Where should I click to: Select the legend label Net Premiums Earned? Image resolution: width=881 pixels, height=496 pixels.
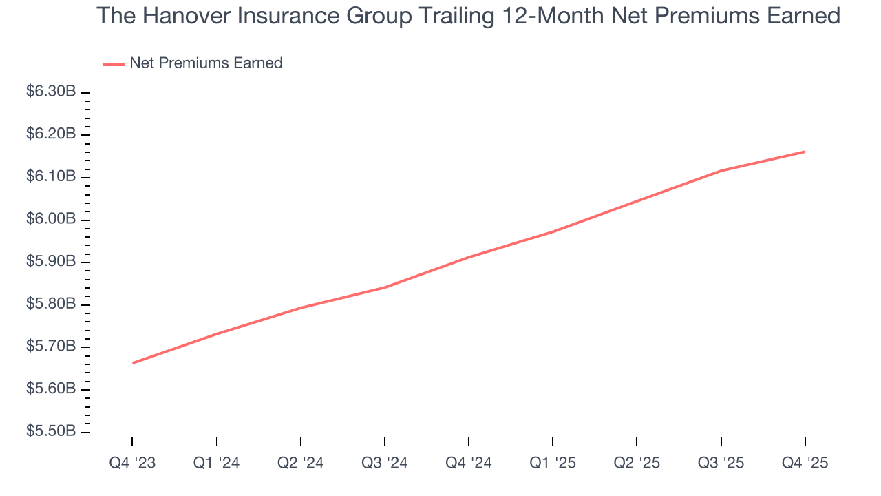pyautogui.click(x=206, y=63)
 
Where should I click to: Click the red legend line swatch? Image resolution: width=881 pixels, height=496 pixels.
pyautogui.click(x=114, y=64)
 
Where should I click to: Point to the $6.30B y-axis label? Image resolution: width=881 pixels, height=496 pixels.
pyautogui.click(x=50, y=92)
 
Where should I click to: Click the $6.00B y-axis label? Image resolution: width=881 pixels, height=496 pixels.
pyautogui.click(x=50, y=219)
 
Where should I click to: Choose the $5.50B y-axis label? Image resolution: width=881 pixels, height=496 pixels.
pyautogui.click(x=50, y=432)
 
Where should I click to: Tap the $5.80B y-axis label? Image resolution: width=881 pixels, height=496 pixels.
pyautogui.click(x=50, y=304)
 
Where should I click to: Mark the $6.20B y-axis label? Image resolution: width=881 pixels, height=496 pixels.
pyautogui.click(x=50, y=134)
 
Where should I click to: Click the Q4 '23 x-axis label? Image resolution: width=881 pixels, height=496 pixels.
pyautogui.click(x=132, y=463)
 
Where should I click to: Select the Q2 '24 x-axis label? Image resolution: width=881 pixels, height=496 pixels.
pyautogui.click(x=300, y=463)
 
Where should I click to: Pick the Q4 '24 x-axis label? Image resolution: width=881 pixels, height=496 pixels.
pyautogui.click(x=469, y=463)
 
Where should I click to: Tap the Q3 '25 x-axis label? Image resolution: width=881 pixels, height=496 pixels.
pyautogui.click(x=721, y=463)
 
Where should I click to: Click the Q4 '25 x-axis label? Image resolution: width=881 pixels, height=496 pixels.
pyautogui.click(x=805, y=463)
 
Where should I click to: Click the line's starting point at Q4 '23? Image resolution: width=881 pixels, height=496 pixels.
pyautogui.click(x=132, y=363)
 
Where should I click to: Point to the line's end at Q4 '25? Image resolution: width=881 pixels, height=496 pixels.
pyautogui.click(x=805, y=152)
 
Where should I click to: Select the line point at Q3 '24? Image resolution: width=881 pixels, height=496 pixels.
pyautogui.click(x=384, y=287)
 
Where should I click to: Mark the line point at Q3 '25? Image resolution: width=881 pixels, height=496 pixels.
pyautogui.click(x=721, y=171)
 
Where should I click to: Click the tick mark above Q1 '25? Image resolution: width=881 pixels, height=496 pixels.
pyautogui.click(x=553, y=442)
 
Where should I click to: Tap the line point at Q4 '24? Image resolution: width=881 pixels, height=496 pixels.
pyautogui.click(x=469, y=257)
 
